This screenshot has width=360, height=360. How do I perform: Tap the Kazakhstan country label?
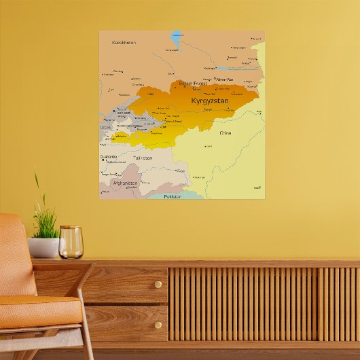point(124,42)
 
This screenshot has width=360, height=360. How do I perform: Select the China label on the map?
point(225,133)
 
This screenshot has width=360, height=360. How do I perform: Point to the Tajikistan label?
point(143,158)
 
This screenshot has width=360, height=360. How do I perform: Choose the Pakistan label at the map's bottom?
point(173,196)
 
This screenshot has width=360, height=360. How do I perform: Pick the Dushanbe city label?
point(109,156)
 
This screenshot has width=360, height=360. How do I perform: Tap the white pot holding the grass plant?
point(43,247)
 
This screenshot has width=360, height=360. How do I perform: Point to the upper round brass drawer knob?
point(158,285)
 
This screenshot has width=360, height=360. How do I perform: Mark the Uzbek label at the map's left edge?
point(105,127)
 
